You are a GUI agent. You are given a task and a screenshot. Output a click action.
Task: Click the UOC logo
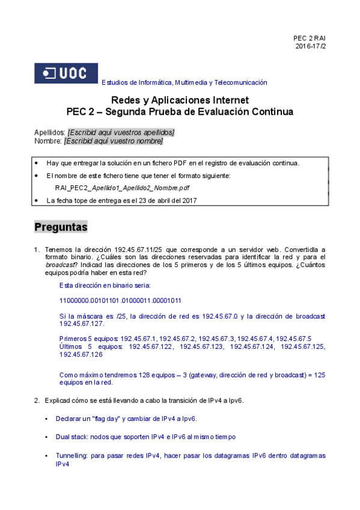point(66,74)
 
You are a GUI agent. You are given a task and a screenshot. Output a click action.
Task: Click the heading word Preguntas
point(61,227)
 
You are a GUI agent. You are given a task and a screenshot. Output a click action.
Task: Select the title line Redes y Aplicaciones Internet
point(180,100)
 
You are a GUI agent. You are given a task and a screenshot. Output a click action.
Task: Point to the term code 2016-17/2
point(310,46)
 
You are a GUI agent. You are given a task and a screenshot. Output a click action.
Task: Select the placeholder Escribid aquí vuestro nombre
point(114,141)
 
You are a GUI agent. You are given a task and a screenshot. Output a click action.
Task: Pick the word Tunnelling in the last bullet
point(72,456)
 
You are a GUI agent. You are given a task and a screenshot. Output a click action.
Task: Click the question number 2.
point(37,401)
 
